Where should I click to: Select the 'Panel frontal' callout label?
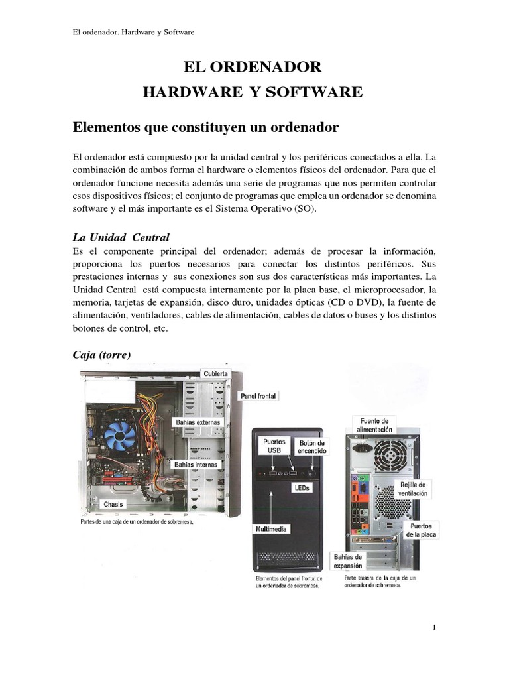(258, 396)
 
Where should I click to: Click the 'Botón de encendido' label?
(311, 446)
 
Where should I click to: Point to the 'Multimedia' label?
(272, 530)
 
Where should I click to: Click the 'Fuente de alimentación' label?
(374, 424)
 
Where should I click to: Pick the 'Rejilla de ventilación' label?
(412, 489)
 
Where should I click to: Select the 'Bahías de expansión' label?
(348, 562)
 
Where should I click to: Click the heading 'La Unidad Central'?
(121, 237)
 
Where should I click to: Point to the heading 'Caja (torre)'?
(101, 355)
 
